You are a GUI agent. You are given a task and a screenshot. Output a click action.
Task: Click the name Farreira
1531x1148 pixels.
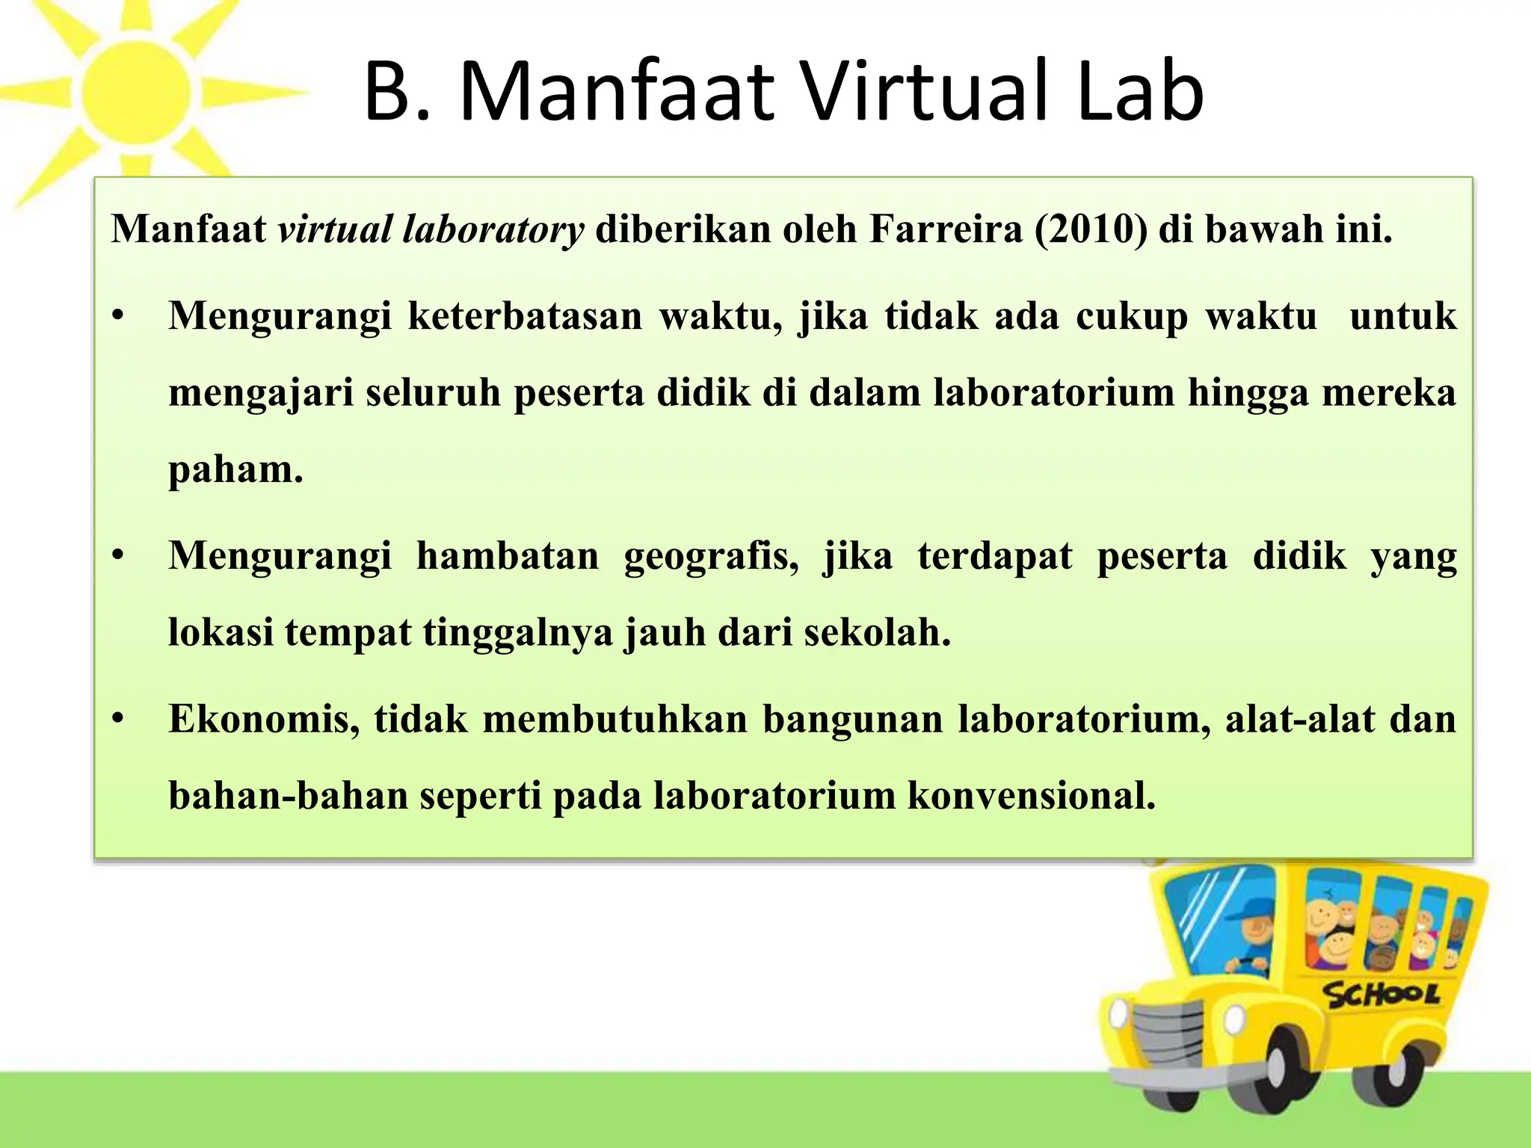(946, 229)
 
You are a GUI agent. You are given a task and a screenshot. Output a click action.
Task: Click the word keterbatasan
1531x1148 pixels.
(525, 315)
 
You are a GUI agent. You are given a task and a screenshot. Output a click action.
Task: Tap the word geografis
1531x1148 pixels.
(711, 556)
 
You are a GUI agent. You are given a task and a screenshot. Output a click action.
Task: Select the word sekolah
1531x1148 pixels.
(877, 632)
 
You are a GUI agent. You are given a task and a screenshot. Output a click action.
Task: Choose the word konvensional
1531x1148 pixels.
(1032, 795)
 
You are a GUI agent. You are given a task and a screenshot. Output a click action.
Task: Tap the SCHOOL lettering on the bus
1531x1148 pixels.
(1381, 995)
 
